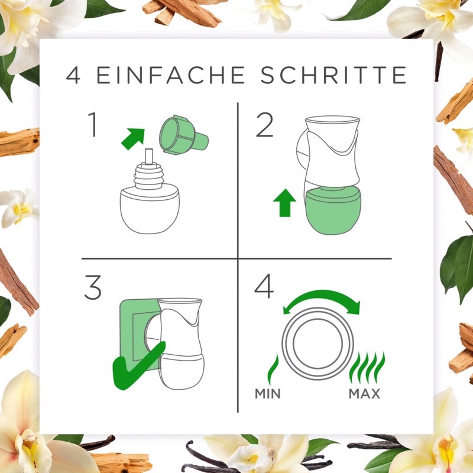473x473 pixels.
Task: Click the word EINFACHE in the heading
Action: tap(170, 75)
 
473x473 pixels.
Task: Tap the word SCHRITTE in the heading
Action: tap(333, 75)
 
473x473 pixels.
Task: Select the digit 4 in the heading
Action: tap(73, 75)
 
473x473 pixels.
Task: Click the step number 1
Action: tap(93, 125)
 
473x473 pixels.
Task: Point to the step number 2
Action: tap(264, 125)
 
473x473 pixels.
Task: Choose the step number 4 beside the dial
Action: tap(264, 287)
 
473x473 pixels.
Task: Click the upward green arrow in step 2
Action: tap(284, 203)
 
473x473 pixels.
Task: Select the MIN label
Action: tap(268, 394)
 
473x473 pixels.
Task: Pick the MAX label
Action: tap(364, 394)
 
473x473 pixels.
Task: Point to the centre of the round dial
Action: tap(318, 344)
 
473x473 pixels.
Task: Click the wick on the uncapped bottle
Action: tap(149, 156)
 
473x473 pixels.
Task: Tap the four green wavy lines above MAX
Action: tap(367, 368)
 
